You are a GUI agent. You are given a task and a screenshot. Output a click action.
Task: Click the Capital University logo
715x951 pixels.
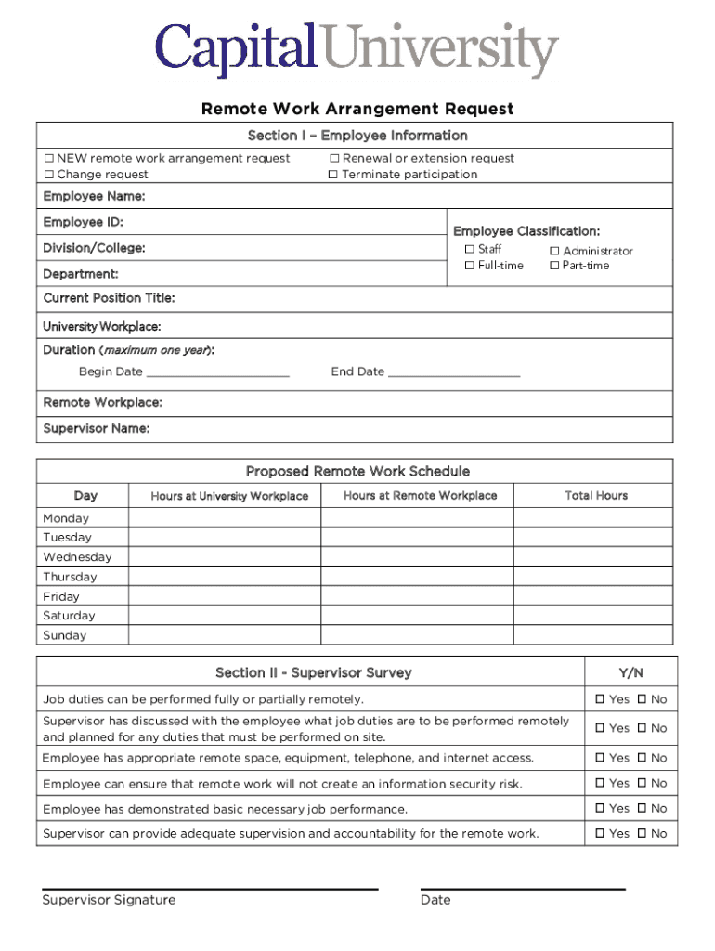click(x=357, y=50)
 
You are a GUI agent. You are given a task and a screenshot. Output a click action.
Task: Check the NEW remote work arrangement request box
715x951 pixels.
click(x=49, y=159)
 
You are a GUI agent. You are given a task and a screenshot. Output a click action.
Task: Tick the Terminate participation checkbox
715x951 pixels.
click(x=334, y=175)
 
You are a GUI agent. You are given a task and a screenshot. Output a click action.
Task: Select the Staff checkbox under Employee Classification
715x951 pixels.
click(x=470, y=249)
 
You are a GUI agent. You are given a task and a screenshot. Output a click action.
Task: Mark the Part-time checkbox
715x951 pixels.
click(x=554, y=266)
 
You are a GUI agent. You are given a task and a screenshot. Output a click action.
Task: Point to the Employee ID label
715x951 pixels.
click(x=83, y=222)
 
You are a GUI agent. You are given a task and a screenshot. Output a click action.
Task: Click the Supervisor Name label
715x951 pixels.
click(x=96, y=428)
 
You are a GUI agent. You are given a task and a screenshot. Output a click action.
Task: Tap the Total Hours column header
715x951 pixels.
click(x=596, y=496)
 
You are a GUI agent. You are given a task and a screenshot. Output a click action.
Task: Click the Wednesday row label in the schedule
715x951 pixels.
click(x=77, y=557)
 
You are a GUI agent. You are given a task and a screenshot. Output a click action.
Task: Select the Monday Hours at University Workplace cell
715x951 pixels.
click(x=225, y=517)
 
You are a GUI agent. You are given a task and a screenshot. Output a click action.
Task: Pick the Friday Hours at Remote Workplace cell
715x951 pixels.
click(x=417, y=596)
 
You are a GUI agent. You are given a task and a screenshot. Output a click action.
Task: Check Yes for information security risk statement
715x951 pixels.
click(x=600, y=783)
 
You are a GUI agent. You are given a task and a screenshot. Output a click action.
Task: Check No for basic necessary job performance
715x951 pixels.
click(x=642, y=808)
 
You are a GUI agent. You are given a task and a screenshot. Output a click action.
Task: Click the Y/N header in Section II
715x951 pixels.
click(x=630, y=672)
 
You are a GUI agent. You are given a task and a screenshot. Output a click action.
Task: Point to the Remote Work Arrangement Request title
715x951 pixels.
click(x=357, y=110)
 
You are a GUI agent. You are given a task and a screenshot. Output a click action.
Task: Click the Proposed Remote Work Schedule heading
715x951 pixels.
click(x=357, y=472)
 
